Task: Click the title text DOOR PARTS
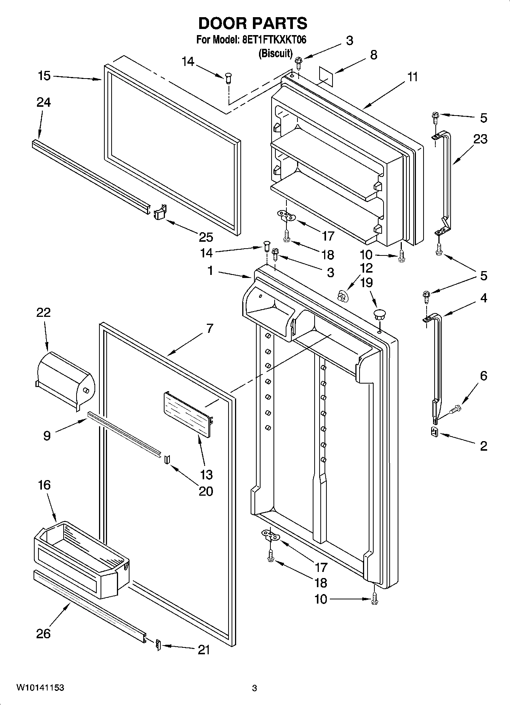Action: (x=253, y=24)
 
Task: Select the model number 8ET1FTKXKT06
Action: (x=274, y=40)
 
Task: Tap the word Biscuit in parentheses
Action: (x=275, y=53)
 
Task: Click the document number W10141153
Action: (x=40, y=688)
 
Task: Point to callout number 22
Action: (x=43, y=313)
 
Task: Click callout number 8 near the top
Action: (x=374, y=55)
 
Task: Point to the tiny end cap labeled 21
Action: (x=158, y=645)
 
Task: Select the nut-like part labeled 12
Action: (x=342, y=295)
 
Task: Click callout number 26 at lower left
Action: (x=43, y=633)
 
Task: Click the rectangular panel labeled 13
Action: (x=187, y=416)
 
